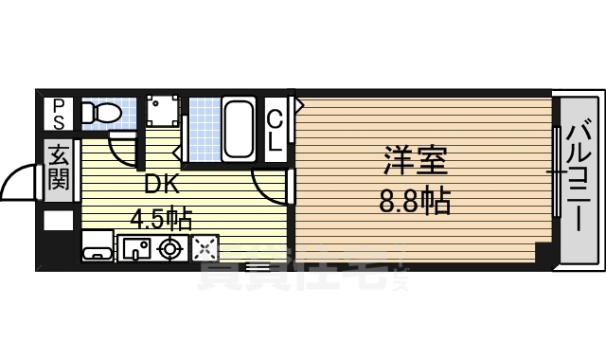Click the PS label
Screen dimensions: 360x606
59,115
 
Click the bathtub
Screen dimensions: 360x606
239,128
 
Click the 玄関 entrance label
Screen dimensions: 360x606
59,167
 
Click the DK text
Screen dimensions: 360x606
159,184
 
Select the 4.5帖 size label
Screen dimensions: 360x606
161,220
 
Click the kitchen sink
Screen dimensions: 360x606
134,248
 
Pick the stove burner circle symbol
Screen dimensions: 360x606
170,248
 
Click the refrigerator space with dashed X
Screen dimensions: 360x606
205,248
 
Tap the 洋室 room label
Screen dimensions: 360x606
415,161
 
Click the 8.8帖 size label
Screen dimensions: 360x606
415,202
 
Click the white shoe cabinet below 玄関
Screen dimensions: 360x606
59,222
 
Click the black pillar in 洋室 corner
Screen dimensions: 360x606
542,254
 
